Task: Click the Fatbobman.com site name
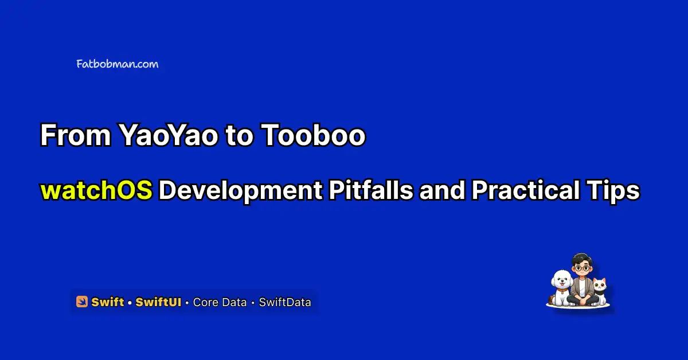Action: pos(118,64)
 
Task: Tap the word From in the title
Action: pos(76,135)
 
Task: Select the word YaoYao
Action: pos(169,135)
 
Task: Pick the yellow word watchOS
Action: pos(96,190)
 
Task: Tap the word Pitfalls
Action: pos(371,190)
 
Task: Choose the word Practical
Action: pos(526,190)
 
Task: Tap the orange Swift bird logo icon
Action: pos(81,302)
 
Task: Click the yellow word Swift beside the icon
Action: pos(108,302)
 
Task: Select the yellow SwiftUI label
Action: pos(158,302)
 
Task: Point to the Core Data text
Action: pos(220,302)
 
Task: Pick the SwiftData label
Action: pos(285,302)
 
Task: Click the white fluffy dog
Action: pos(561,287)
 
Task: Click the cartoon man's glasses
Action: pos(582,268)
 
